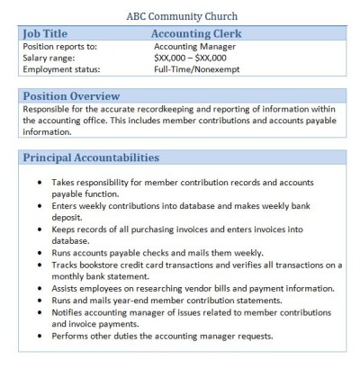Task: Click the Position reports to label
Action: [57, 45]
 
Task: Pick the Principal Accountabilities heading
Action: [88, 157]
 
